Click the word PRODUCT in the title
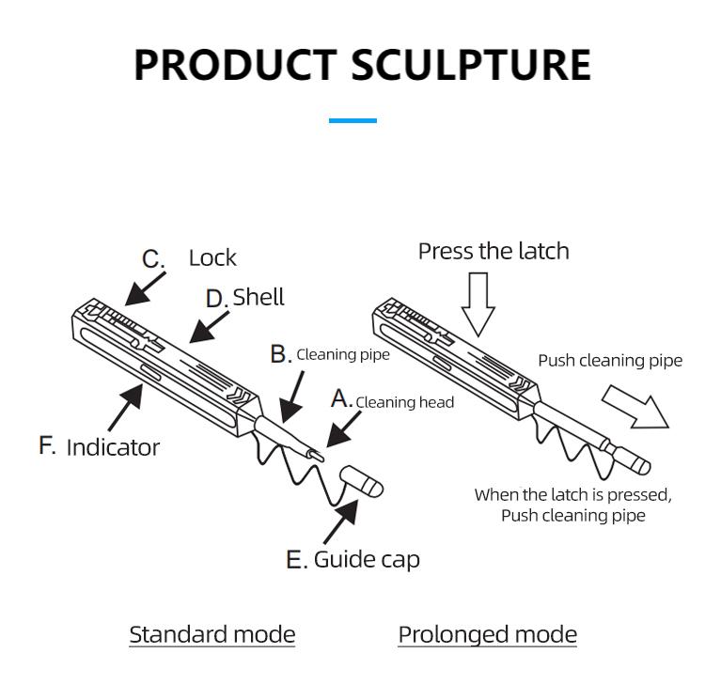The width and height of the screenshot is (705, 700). (234, 65)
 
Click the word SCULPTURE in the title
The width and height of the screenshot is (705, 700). (471, 65)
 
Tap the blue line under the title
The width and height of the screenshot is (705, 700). (352, 120)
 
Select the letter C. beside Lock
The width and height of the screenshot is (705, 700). (153, 258)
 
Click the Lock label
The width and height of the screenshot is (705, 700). (212, 257)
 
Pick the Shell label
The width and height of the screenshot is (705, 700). (258, 297)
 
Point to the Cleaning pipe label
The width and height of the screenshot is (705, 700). (342, 354)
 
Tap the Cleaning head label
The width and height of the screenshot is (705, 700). (404, 402)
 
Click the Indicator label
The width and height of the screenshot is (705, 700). (113, 447)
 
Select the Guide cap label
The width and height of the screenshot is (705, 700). (367, 560)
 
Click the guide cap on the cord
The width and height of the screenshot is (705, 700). (362, 480)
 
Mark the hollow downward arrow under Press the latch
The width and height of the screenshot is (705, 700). (478, 303)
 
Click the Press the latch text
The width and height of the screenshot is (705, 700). (493, 251)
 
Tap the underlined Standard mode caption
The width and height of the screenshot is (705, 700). (211, 634)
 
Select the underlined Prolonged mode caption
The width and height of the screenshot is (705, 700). (487, 634)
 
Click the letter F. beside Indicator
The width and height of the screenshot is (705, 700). (47, 445)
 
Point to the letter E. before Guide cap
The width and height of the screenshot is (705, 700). (296, 561)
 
